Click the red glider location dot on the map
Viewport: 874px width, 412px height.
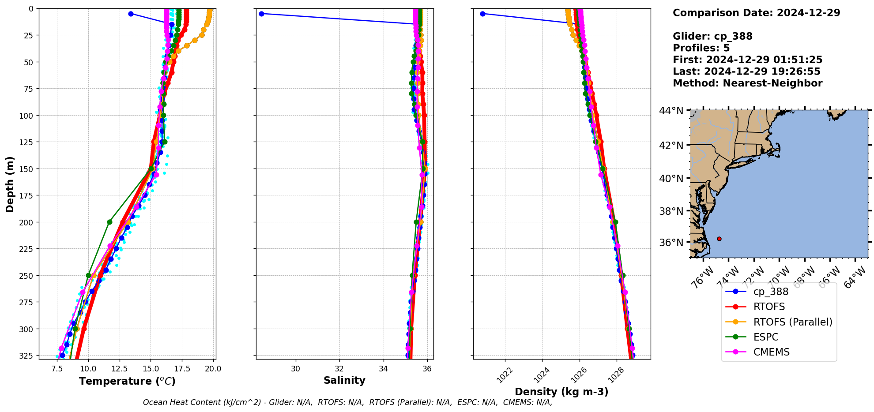click(x=719, y=239)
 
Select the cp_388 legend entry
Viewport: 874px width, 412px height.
click(x=770, y=292)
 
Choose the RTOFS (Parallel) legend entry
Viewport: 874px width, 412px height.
click(x=792, y=322)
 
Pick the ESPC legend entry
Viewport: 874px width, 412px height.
click(x=765, y=337)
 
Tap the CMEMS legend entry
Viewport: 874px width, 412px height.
click(x=771, y=352)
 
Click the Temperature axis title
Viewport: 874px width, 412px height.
click(x=127, y=381)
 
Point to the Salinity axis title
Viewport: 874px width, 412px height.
click(x=344, y=380)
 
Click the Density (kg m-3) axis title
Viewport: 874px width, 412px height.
click(x=561, y=392)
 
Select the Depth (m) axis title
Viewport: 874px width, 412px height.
click(x=10, y=184)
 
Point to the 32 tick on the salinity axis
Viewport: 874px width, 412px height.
click(x=339, y=368)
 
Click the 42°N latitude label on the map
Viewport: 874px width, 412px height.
click(x=671, y=146)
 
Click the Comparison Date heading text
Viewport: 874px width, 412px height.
click(x=756, y=13)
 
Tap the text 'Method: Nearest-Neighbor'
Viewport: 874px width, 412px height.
click(x=747, y=83)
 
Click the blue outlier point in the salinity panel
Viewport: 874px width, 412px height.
click(x=261, y=14)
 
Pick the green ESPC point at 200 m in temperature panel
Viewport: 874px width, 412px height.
click(x=109, y=222)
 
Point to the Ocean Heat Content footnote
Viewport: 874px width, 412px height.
click(x=347, y=402)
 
